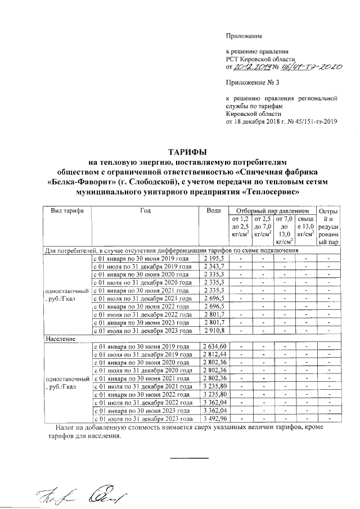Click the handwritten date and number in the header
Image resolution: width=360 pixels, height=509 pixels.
point(283,67)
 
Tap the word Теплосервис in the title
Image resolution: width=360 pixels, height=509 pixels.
point(269,191)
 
